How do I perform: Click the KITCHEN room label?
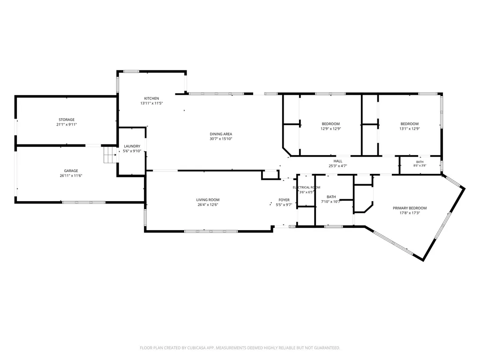pos(151,98)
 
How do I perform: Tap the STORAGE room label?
pos(67,120)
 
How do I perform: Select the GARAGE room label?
pos(71,171)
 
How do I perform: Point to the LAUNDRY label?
pos(132,146)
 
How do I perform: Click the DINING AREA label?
pos(221,134)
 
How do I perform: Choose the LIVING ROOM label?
pos(208,200)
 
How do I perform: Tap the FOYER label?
pos(284,200)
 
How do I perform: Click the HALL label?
pos(338,161)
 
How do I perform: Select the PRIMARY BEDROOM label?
pos(410,208)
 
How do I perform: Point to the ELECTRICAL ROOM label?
pos(307,187)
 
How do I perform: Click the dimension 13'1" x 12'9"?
pos(410,128)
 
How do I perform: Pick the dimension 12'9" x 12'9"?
pos(330,128)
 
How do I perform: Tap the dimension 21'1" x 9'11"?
pos(67,124)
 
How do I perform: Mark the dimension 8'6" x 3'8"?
pos(420,165)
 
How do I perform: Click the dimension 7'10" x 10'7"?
pos(330,202)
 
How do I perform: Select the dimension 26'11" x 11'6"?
pos(71,175)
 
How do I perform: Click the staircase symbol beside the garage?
pos(110,155)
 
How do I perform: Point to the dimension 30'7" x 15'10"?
pos(221,139)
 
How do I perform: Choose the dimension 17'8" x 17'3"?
pos(410,213)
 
